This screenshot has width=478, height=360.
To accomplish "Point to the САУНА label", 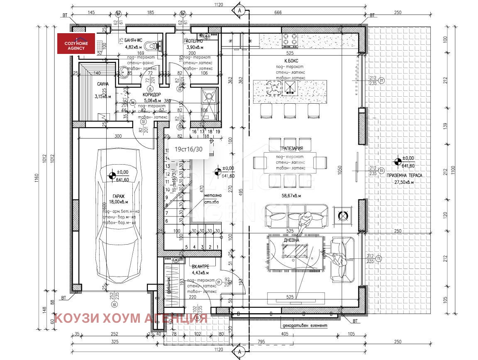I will point(103,84).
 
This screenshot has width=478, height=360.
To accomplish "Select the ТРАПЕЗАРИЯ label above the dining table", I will point(290,148).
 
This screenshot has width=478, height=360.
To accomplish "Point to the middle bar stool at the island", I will point(289,110).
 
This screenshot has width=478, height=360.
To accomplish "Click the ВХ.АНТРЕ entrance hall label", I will point(200,266).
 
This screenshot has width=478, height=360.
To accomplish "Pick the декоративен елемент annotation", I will point(304,326).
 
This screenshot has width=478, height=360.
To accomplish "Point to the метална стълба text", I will point(212,199).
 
